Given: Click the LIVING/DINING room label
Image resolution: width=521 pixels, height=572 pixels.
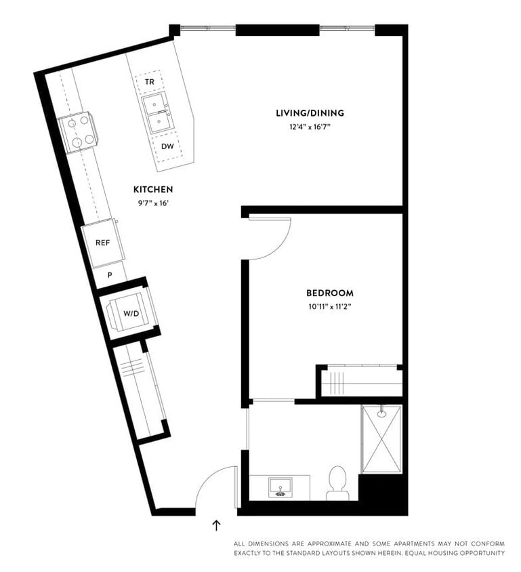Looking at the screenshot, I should [310, 113].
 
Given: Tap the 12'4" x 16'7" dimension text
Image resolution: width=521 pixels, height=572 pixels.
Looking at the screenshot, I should [310, 127].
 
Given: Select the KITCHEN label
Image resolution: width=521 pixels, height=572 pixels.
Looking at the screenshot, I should [153, 189].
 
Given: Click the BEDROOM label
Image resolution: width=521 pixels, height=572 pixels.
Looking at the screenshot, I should [330, 293].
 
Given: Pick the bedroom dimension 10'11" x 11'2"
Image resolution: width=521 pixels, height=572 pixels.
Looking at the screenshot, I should [330, 306].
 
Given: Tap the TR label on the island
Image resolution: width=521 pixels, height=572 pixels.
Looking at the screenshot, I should [150, 82].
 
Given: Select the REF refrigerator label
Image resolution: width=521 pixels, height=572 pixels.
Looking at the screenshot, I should [102, 242].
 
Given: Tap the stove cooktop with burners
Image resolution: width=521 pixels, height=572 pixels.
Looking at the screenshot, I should [77, 131].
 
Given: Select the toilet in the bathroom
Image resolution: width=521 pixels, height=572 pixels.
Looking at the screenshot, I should [337, 483].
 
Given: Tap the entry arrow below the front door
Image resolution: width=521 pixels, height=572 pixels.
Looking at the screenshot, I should [217, 525].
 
